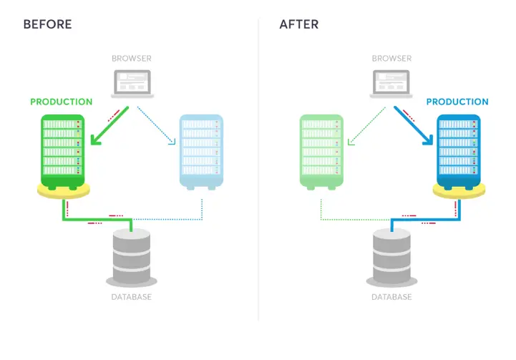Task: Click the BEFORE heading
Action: point(47,24)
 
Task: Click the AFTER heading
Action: point(299,24)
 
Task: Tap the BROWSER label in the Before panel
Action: point(132,59)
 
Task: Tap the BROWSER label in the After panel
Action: point(392,59)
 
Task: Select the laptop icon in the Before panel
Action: point(132,84)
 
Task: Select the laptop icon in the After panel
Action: point(392,84)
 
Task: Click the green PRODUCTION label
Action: point(62,102)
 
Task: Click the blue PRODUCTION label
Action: point(457,102)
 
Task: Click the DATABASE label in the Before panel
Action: point(132,296)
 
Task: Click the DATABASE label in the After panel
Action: point(392,296)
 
